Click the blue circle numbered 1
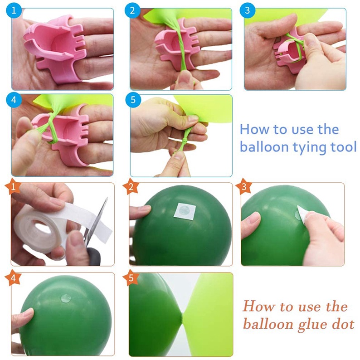coord(14,10)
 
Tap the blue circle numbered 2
coord(132,10)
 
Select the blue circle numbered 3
coord(247,10)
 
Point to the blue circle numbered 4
coord(14,100)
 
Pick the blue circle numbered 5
coord(133,100)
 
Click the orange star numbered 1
coord(13,186)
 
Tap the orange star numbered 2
coord(131,186)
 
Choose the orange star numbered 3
coord(244,186)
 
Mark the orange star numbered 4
coord(13,277)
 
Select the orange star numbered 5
coord(131,277)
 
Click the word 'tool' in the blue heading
coord(344,146)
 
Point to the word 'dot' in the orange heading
coord(343,324)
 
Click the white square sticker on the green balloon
coord(185,210)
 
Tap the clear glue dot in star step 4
coord(66,298)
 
